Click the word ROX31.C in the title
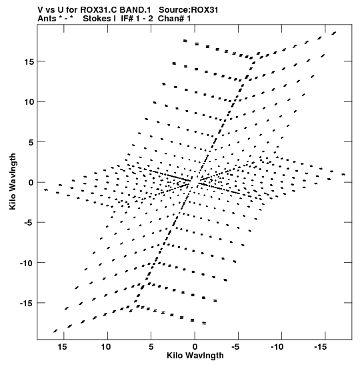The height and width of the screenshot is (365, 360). pyautogui.click(x=98, y=10)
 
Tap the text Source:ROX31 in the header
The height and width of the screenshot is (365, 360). pyautogui.click(x=189, y=10)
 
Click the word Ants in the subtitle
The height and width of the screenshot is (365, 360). pyautogui.click(x=47, y=19)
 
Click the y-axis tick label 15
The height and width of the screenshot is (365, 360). pyautogui.click(x=29, y=62)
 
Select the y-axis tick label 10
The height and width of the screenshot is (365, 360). pyautogui.click(x=29, y=102)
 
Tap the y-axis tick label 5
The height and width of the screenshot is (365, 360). pyautogui.click(x=31, y=142)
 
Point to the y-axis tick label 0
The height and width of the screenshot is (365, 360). pyautogui.click(x=31, y=183)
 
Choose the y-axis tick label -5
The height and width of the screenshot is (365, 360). pyautogui.click(x=29, y=223)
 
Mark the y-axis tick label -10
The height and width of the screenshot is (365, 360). pyautogui.click(x=27, y=263)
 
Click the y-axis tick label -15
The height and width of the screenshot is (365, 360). pyautogui.click(x=27, y=304)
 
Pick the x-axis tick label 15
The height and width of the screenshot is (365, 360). pyautogui.click(x=62, y=347)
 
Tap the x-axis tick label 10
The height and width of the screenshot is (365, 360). pyautogui.click(x=106, y=347)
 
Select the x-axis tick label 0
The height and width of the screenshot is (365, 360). pyautogui.click(x=195, y=347)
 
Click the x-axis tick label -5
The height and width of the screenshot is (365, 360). pyautogui.click(x=235, y=347)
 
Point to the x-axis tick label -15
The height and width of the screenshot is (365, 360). pyautogui.click(x=320, y=347)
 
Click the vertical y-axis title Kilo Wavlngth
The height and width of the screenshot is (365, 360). pyautogui.click(x=13, y=181)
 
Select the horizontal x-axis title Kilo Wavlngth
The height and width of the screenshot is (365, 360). pyautogui.click(x=195, y=356)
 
